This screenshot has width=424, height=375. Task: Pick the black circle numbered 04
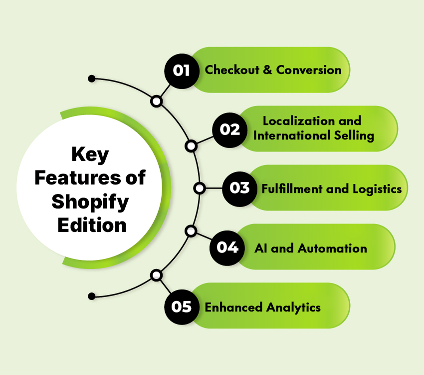coord(227,247)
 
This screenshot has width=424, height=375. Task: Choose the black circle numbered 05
coord(182,306)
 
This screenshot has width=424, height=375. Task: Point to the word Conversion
coord(309,70)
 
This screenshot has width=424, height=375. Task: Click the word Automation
coord(332,247)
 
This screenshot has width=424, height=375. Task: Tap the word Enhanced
coord(232,306)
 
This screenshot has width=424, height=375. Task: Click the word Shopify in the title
coord(90,202)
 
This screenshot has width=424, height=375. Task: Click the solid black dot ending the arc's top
coord(91,79)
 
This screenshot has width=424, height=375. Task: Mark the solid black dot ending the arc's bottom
coord(91,296)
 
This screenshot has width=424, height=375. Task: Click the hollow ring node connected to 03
coord(200,188)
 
